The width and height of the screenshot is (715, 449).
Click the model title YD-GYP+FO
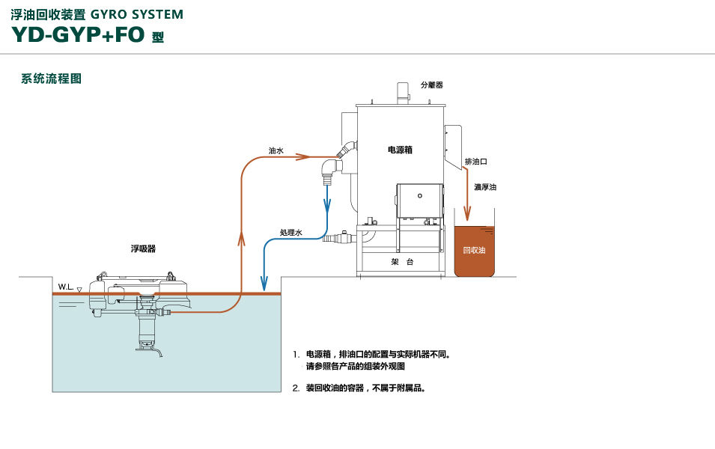[x=78, y=34]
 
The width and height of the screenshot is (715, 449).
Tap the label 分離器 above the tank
[x=431, y=85]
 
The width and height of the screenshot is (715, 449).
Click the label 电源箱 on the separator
[x=400, y=150]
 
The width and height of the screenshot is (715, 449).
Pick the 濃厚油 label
[x=484, y=187]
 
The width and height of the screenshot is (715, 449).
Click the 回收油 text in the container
[x=474, y=251]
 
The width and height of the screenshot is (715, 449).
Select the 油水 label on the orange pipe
[x=276, y=150]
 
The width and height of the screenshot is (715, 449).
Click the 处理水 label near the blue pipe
[x=290, y=233]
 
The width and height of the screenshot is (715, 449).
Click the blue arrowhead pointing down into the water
[x=264, y=283]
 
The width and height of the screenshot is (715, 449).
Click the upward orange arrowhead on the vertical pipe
[x=241, y=238]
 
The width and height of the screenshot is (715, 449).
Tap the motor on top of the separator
[x=401, y=91]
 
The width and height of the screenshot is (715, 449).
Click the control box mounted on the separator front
[x=419, y=200]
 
